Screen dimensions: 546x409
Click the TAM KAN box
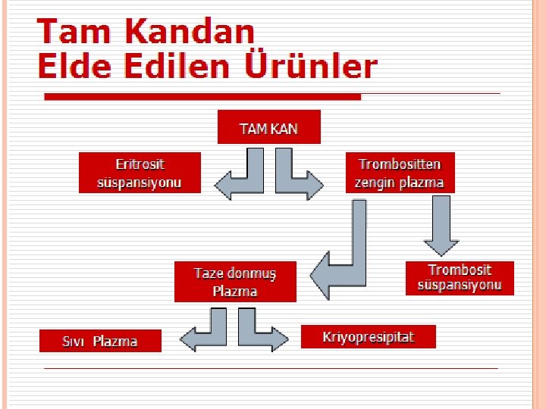click(x=268, y=127)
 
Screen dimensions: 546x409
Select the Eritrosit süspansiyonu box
click(x=140, y=173)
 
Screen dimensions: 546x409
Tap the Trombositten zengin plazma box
click(x=400, y=173)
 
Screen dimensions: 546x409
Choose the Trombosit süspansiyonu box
click(x=460, y=278)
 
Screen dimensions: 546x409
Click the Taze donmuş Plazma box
click(x=235, y=282)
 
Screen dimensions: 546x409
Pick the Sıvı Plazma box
click(x=100, y=341)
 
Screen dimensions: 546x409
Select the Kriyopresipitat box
click(x=368, y=336)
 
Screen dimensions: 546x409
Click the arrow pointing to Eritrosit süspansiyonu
click(x=240, y=182)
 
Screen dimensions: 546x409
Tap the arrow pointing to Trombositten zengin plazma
click(x=296, y=182)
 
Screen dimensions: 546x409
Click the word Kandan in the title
click(x=190, y=32)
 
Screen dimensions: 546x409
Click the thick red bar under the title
click(x=202, y=97)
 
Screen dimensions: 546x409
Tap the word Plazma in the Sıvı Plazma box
click(x=115, y=342)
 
